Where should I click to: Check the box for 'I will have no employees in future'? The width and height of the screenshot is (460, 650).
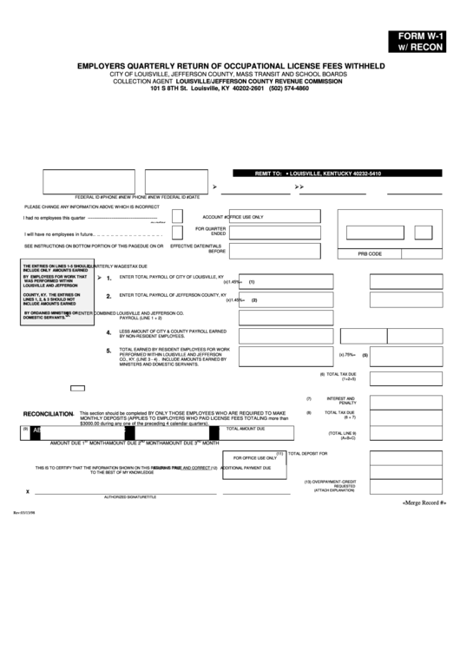tap(176, 233)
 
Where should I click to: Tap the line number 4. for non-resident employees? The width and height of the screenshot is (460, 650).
tap(108, 332)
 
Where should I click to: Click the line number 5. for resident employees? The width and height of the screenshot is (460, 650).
tap(108, 351)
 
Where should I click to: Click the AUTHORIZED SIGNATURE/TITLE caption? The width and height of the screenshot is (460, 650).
tap(130, 496)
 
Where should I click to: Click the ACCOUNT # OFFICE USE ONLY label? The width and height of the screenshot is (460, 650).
tap(233, 216)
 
